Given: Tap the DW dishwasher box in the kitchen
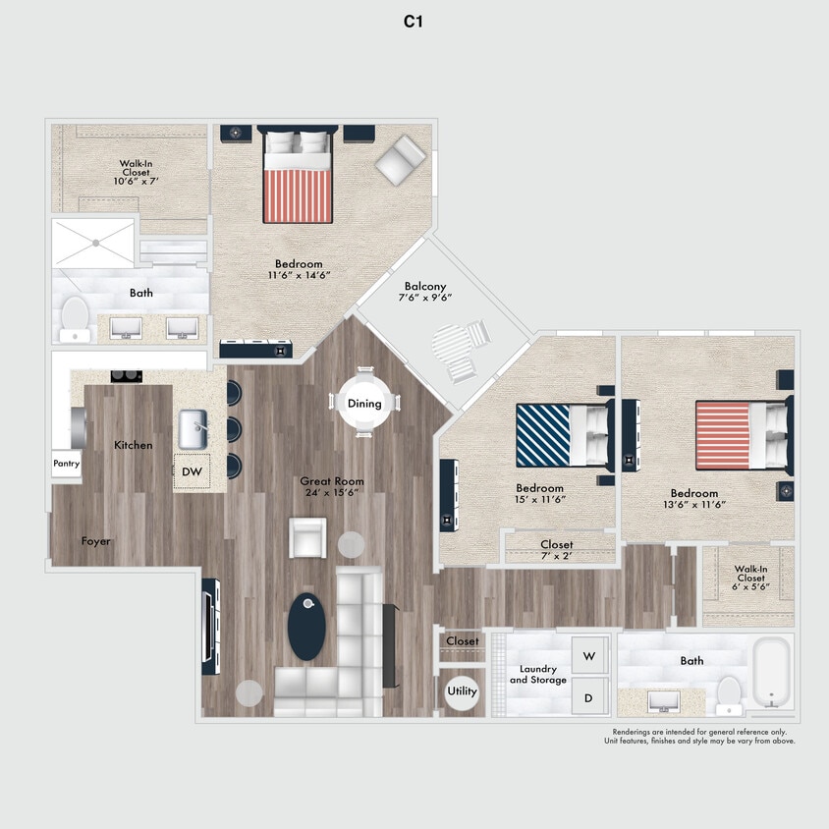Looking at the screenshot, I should click(x=192, y=471).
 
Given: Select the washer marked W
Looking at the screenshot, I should click(x=590, y=654).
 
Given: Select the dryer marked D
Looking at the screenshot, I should click(x=590, y=697).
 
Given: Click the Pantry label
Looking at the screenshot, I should click(x=67, y=464).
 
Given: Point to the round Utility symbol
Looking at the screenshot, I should click(x=462, y=691).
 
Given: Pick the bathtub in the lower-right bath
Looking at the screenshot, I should click(x=772, y=673).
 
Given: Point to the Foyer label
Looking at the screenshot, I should click(x=96, y=541).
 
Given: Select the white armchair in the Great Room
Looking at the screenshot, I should click(x=307, y=538).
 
